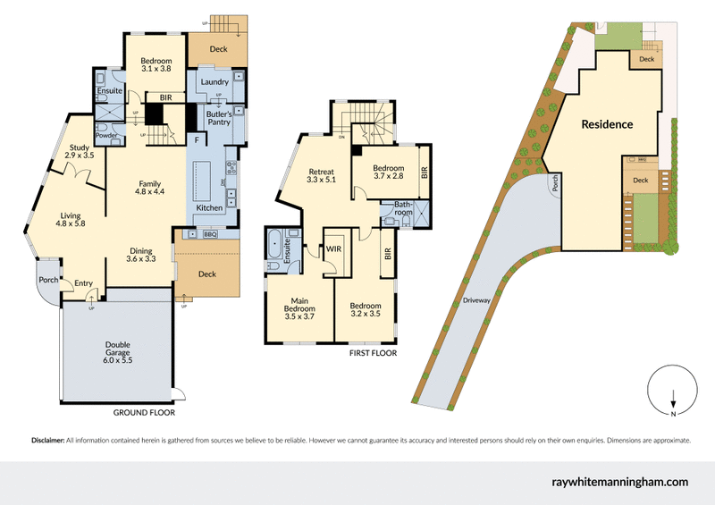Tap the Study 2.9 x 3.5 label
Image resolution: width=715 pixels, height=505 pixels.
[79, 151]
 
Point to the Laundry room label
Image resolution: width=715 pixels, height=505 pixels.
[214, 82]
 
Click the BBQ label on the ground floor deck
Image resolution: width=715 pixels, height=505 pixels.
[211, 234]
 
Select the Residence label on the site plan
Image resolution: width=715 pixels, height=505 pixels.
[607, 124]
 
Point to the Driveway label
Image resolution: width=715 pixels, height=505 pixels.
[476, 301]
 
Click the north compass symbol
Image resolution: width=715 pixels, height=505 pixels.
[672, 392]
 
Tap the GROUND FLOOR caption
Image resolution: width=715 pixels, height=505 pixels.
[143, 414]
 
